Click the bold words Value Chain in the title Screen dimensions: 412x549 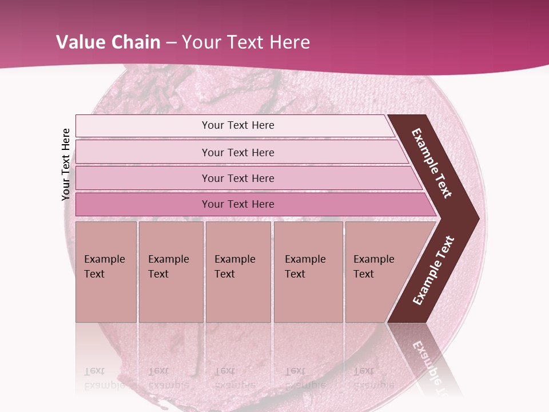point(108,42)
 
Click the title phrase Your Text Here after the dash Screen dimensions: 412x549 point(246,42)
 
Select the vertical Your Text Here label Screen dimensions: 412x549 point(66,164)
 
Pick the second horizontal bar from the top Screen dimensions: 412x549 point(237,152)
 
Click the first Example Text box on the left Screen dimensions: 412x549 point(106,272)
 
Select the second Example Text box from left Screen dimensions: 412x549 point(170,272)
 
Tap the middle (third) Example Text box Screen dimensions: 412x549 point(238,272)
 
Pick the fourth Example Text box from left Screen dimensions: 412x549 point(308,272)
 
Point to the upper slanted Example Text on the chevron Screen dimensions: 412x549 point(432,163)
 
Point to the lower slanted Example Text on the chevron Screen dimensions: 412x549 point(433,271)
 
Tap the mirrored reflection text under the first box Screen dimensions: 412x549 point(104,378)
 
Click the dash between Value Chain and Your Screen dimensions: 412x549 point(171,42)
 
